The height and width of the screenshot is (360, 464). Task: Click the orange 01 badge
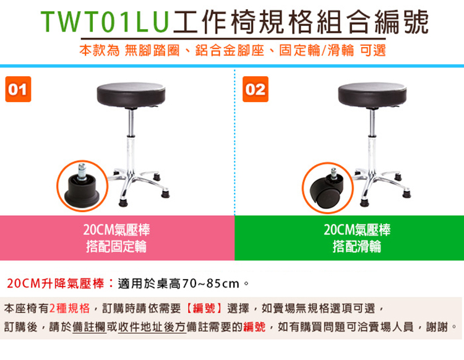click(18, 89)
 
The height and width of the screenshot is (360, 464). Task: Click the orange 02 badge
click(256, 89)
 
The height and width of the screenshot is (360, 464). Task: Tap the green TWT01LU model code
click(105, 22)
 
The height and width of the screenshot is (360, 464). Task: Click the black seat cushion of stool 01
click(131, 95)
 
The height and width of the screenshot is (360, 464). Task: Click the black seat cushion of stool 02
click(372, 95)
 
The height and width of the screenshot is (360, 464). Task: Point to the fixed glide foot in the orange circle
click(82, 188)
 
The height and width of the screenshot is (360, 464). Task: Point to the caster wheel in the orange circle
click(327, 190)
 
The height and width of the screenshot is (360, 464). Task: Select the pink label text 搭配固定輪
click(116, 246)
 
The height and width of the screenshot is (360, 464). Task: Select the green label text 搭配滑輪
click(356, 246)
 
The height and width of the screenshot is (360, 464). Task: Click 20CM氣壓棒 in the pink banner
click(116, 229)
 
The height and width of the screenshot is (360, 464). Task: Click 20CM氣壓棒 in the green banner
click(357, 229)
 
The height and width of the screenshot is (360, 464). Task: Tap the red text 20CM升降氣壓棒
click(55, 283)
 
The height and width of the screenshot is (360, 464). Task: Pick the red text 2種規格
click(69, 308)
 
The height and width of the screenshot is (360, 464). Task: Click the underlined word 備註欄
click(89, 327)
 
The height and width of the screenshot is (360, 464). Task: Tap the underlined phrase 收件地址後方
click(152, 327)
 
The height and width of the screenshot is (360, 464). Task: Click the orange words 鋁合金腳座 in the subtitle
click(230, 50)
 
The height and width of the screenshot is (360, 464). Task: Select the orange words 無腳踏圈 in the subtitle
click(152, 50)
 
